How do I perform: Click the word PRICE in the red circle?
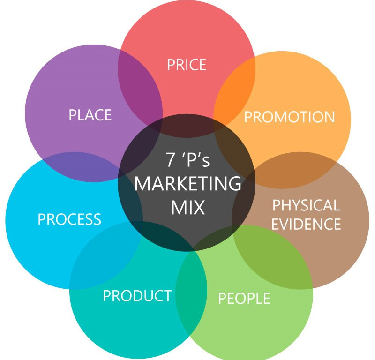pyautogui.click(x=187, y=64)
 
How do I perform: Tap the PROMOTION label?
pyautogui.click(x=289, y=117)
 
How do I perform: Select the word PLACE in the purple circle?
pyautogui.click(x=90, y=115)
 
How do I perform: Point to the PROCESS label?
pyautogui.click(x=69, y=219)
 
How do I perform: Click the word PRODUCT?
pyautogui.click(x=137, y=296)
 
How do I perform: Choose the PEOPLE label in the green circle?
pyautogui.click(x=244, y=298)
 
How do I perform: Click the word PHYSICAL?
pyautogui.click(x=306, y=205)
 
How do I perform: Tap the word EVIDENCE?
pyautogui.click(x=306, y=224)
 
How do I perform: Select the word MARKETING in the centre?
pyautogui.click(x=187, y=184)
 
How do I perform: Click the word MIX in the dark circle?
pyautogui.click(x=187, y=207)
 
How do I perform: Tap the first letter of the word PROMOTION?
pyautogui.click(x=248, y=117)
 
